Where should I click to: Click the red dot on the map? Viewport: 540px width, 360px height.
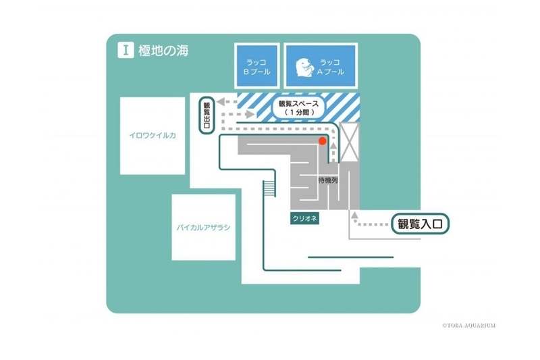pyautogui.click(x=323, y=141)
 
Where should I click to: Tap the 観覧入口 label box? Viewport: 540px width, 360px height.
pyautogui.click(x=420, y=224)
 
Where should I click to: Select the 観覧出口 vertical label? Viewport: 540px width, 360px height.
pyautogui.click(x=207, y=115)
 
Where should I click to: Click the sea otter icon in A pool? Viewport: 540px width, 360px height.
pyautogui.click(x=306, y=68)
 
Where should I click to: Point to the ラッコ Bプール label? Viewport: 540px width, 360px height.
pyautogui.click(x=257, y=67)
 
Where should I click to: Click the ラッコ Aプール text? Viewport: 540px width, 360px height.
pyautogui.click(x=330, y=67)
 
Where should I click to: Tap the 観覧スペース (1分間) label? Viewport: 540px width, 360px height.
pyautogui.click(x=299, y=108)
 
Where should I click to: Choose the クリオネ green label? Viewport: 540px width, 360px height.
pyautogui.click(x=304, y=218)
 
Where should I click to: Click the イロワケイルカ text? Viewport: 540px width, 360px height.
pyautogui.click(x=153, y=135)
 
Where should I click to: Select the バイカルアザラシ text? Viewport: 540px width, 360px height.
pyautogui.click(x=204, y=228)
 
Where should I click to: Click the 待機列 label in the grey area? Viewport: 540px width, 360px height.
pyautogui.click(x=327, y=180)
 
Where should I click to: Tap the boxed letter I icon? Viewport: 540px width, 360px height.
pyautogui.click(x=126, y=50)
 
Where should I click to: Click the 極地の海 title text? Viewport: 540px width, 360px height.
pyautogui.click(x=163, y=51)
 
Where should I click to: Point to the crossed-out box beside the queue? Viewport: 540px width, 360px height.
pyautogui.click(x=349, y=143)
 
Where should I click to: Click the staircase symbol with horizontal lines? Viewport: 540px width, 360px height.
pyautogui.click(x=269, y=188)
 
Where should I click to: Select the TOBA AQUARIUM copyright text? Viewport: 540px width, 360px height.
pyautogui.click(x=468, y=325)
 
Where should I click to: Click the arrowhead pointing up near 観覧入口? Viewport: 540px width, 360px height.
pyautogui.click(x=354, y=215)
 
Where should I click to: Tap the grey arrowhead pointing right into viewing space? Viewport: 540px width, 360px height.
pyautogui.click(x=250, y=113)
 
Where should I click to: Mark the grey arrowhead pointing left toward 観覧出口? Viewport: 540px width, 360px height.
pyautogui.click(x=221, y=101)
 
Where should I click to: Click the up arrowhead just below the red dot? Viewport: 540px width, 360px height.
pyautogui.click(x=333, y=145)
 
